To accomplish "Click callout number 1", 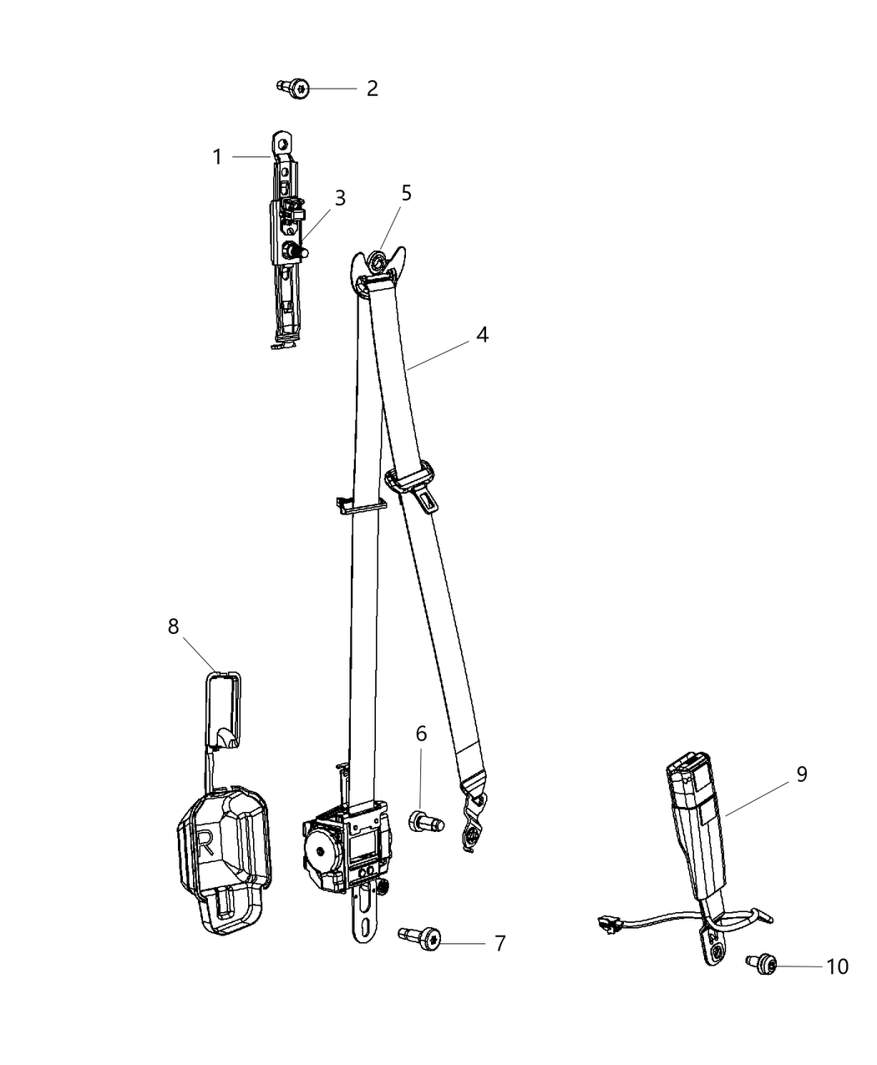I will (217, 157).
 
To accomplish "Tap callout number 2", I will (372, 89).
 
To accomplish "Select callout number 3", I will (340, 199).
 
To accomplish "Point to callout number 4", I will (482, 335).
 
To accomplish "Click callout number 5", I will (407, 194).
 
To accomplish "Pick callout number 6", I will (421, 734).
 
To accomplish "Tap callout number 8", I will (173, 626).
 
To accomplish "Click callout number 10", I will (837, 966).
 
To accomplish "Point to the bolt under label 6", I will (426, 822).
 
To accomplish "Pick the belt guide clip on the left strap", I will (361, 505).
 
